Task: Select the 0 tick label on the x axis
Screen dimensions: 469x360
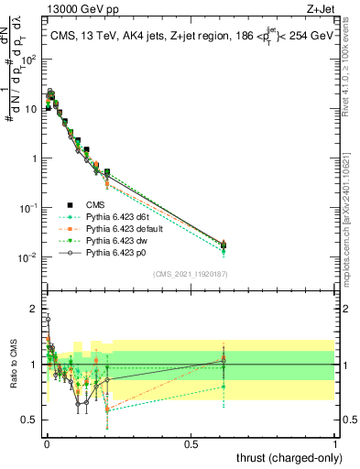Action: pyautogui.click(x=48, y=443)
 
